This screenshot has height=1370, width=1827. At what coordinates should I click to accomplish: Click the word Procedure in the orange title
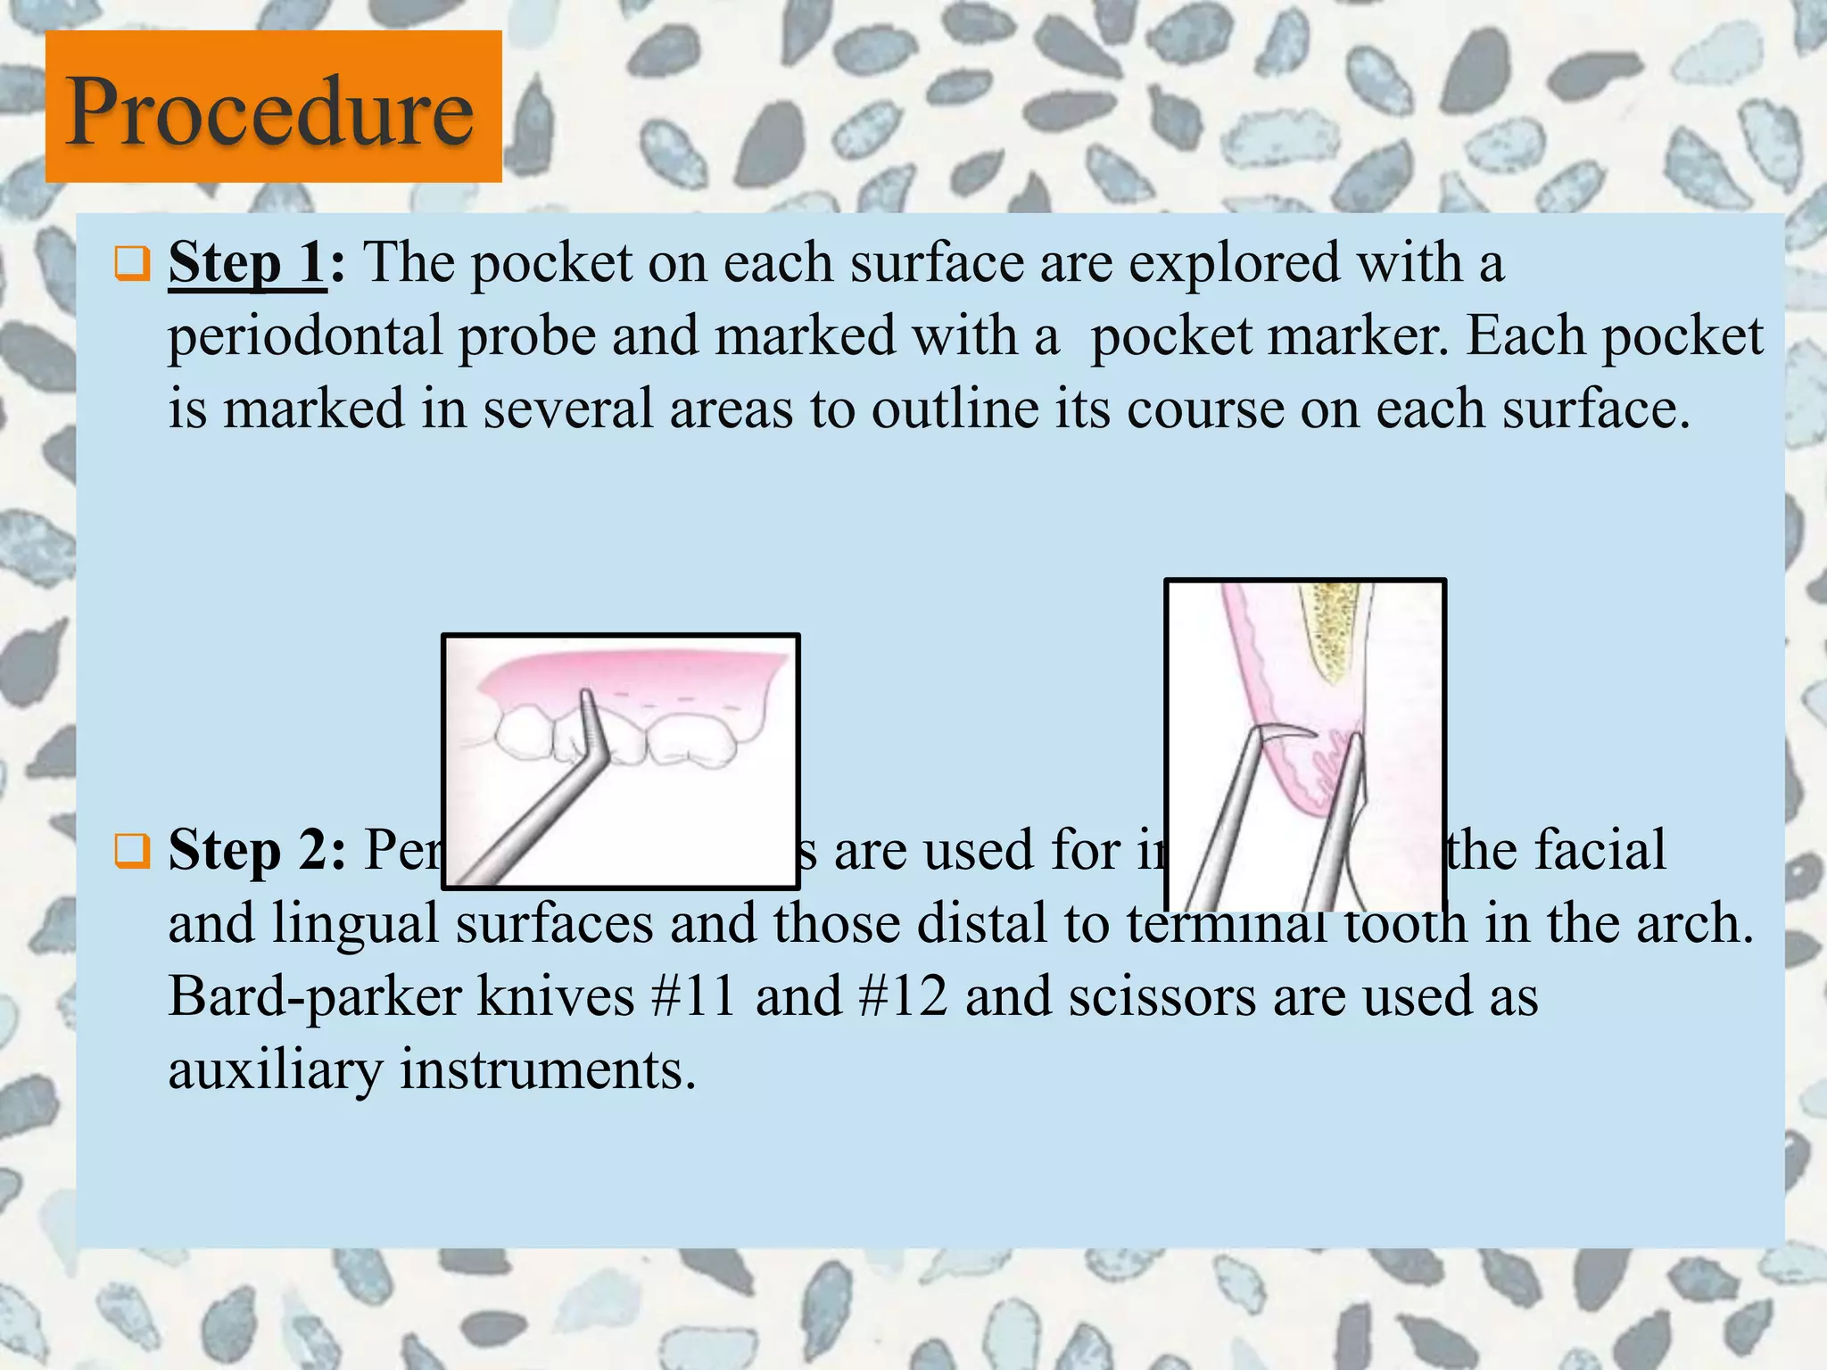click(x=270, y=111)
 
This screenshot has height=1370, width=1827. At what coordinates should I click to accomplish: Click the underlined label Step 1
click(x=246, y=263)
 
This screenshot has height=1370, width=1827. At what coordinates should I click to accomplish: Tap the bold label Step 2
click(x=256, y=849)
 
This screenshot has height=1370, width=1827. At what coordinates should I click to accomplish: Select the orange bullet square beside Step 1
click(x=132, y=264)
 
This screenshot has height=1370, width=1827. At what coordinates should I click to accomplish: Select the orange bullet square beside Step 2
click(x=132, y=851)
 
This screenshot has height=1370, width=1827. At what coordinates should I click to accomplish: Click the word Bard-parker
click(x=315, y=995)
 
